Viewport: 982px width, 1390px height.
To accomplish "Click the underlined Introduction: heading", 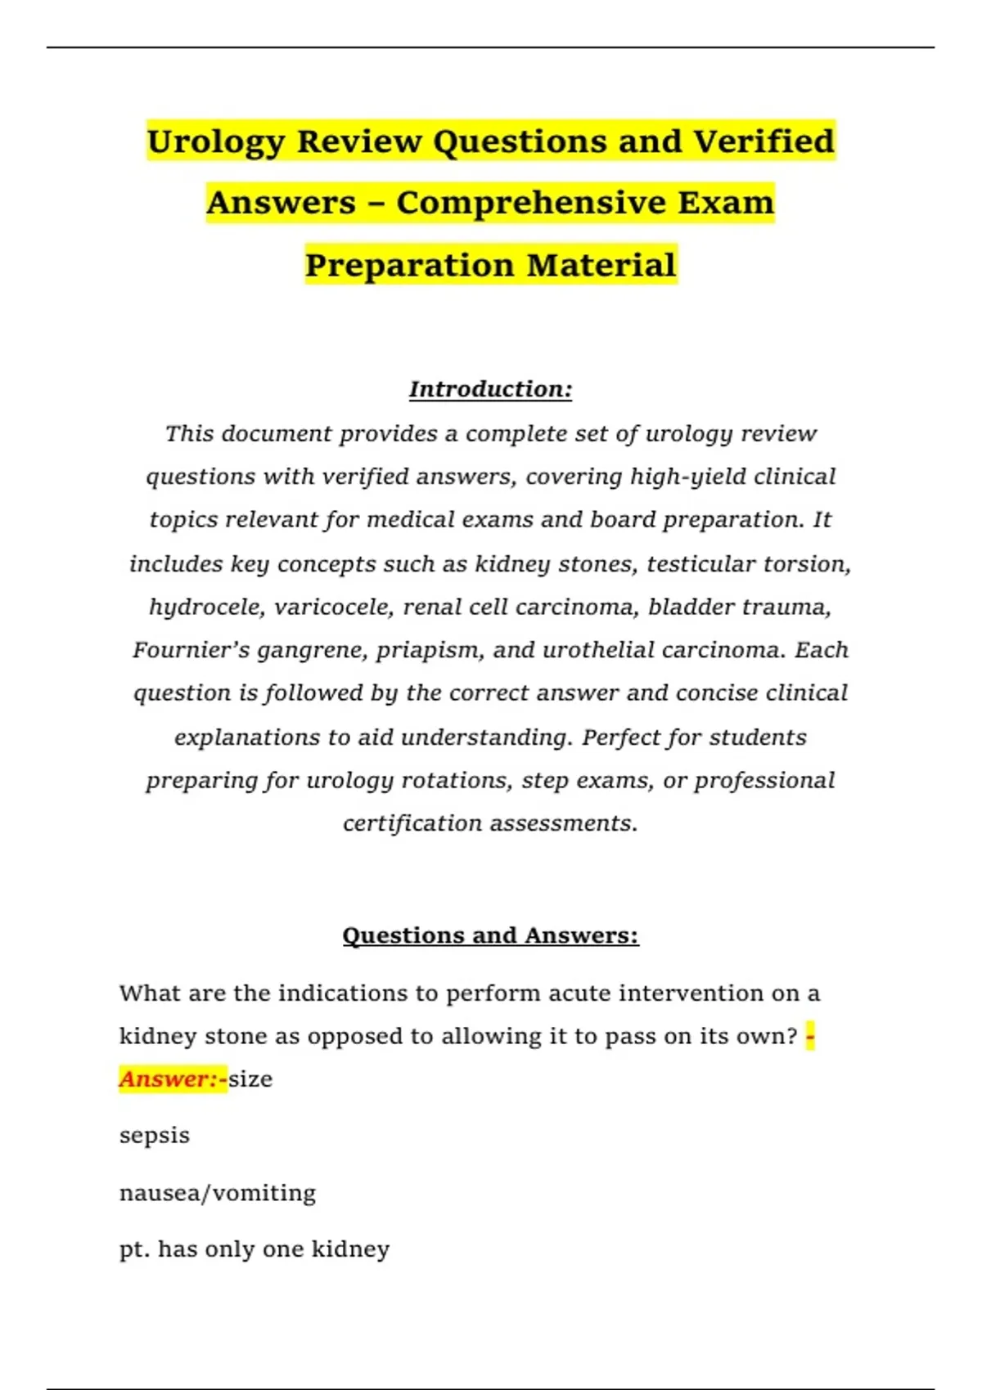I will tap(490, 389).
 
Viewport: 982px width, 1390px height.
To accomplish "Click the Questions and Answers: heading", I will tap(490, 935).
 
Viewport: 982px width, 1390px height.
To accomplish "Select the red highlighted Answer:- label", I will tap(173, 1079).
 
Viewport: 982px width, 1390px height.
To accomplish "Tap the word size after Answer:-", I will tap(250, 1079).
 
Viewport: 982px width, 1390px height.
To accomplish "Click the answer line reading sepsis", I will tap(155, 1136).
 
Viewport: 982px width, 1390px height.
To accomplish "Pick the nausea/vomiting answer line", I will tap(218, 1193).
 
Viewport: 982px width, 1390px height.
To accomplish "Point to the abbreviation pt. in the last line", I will tap(134, 1249).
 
